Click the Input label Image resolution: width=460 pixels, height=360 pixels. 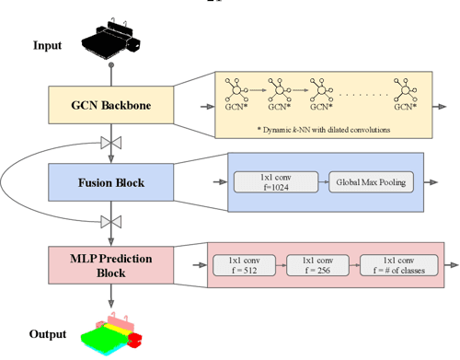click(x=52, y=45)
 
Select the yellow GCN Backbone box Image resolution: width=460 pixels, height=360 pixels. click(x=110, y=109)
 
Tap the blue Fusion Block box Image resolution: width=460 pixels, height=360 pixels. click(x=110, y=182)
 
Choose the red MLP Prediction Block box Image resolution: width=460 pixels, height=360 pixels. click(x=110, y=261)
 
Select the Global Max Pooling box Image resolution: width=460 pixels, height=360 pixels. click(x=372, y=182)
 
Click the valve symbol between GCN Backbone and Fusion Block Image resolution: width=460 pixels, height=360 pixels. click(x=111, y=144)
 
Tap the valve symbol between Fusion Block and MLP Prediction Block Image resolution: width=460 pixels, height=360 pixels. click(x=111, y=221)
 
